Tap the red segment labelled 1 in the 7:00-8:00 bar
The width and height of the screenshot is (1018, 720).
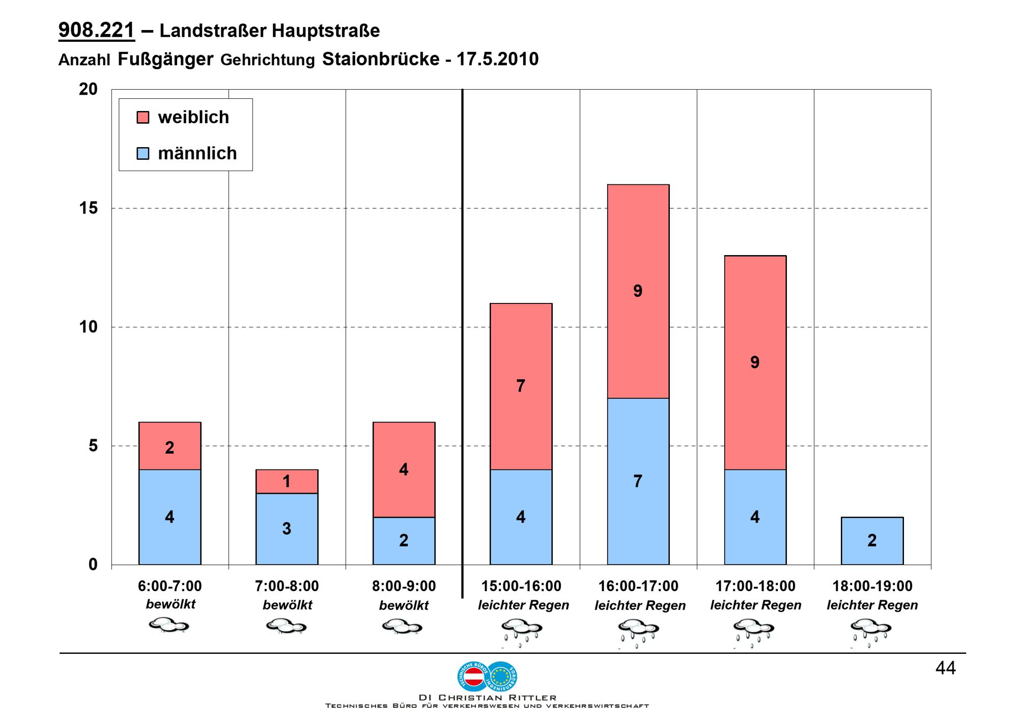click(x=287, y=481)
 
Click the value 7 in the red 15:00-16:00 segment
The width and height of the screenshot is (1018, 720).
click(x=521, y=386)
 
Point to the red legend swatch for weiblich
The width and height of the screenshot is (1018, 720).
click(x=143, y=118)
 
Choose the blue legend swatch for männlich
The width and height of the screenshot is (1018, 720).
click(x=143, y=153)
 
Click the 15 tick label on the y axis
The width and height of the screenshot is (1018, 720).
click(x=88, y=208)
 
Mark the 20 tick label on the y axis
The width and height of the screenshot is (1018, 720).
click(x=88, y=89)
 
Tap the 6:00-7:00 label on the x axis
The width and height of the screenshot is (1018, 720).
click(x=169, y=586)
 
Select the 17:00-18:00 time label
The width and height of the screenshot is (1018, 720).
click(x=755, y=586)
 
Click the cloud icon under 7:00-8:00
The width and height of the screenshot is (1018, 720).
click(x=287, y=626)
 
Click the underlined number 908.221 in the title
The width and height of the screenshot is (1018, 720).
click(x=97, y=31)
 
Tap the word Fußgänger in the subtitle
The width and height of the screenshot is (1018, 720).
click(x=165, y=59)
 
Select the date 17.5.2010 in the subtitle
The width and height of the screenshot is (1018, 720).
click(x=497, y=59)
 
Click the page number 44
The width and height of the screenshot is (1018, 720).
click(x=945, y=668)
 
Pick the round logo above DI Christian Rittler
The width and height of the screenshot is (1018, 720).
click(x=487, y=676)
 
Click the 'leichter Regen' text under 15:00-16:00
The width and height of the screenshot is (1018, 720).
click(x=523, y=605)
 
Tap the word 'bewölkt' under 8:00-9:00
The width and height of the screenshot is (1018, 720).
click(x=404, y=605)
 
